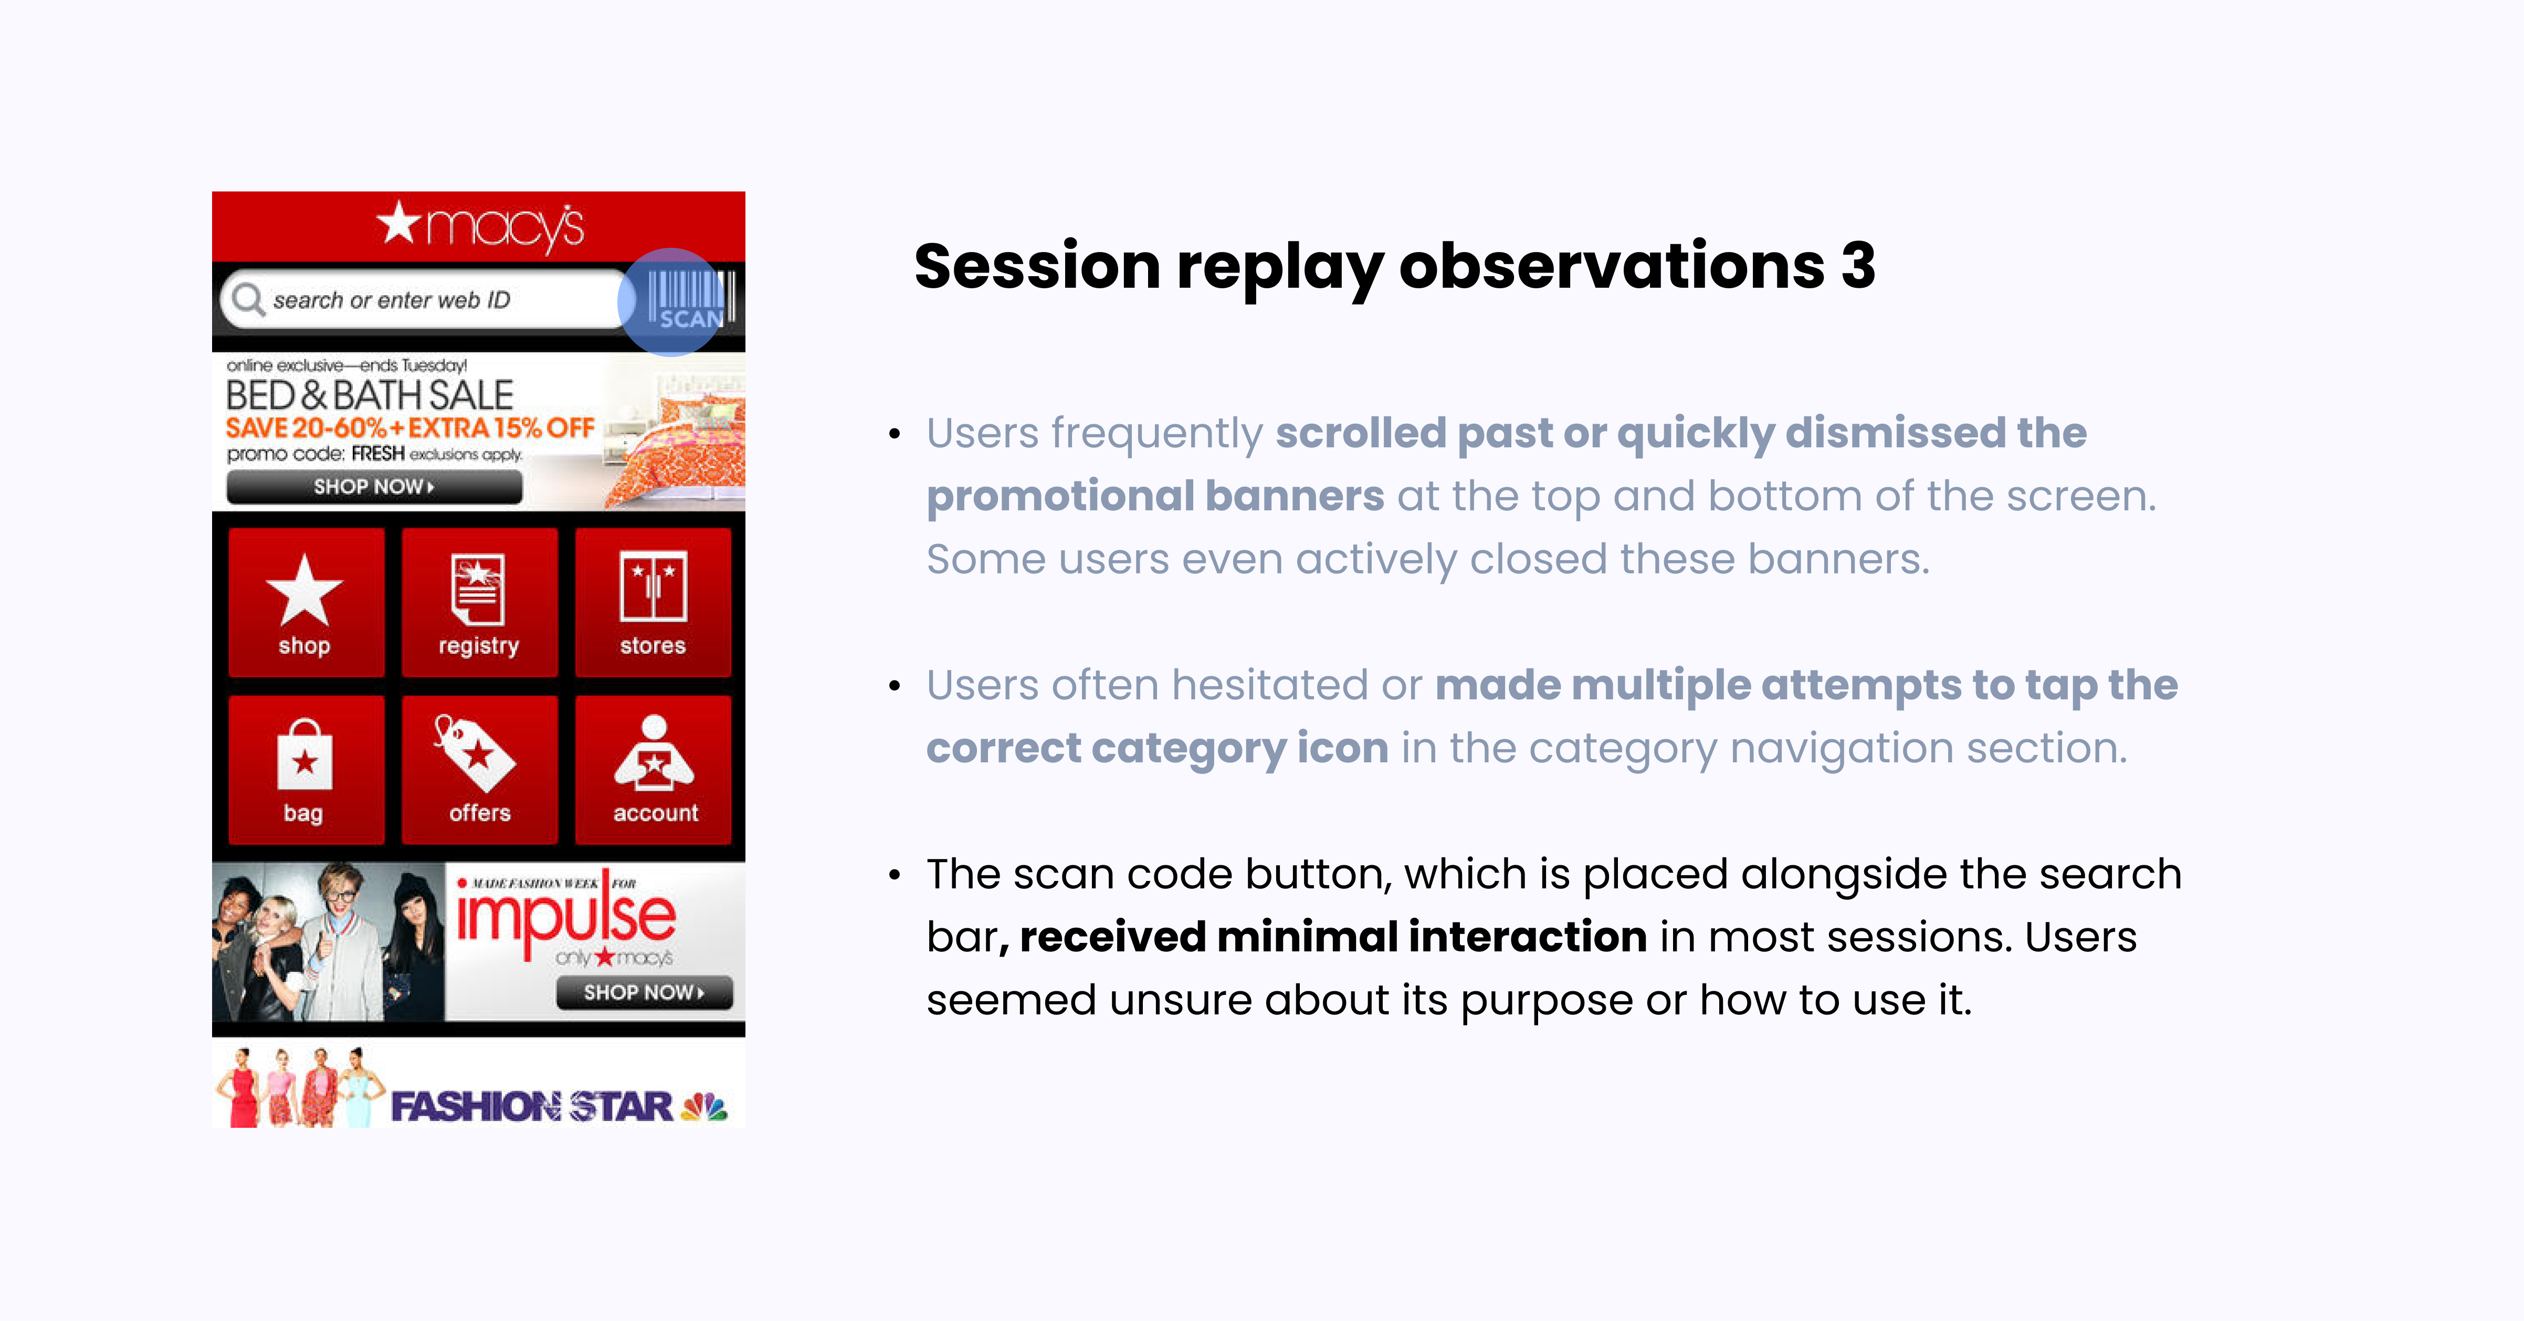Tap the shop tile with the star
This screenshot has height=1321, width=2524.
coord(304,602)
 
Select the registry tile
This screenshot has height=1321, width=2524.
coord(478,602)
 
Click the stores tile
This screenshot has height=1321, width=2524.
coord(653,602)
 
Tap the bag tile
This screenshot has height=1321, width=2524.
coord(304,769)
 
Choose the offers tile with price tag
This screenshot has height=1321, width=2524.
coord(478,769)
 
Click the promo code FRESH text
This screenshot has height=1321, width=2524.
coord(377,454)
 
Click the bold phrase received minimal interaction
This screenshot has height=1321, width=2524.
coord(1332,937)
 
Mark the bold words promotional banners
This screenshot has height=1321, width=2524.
coord(1155,496)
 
